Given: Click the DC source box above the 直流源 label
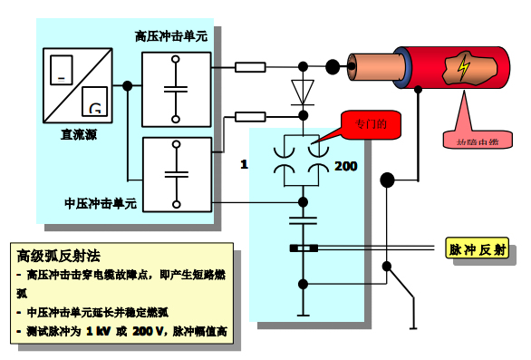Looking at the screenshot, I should click(x=79, y=85).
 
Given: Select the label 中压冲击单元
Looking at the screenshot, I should click(x=101, y=203).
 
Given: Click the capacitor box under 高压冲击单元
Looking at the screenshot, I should click(x=177, y=89).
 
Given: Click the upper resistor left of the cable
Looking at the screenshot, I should click(x=249, y=66).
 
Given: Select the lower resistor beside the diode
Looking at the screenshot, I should click(x=249, y=115).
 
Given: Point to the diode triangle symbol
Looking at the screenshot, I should click(x=302, y=91).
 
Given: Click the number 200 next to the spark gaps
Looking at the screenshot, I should click(x=346, y=165).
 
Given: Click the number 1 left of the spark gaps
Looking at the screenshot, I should click(x=244, y=164).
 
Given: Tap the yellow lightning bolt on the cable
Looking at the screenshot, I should click(x=464, y=67).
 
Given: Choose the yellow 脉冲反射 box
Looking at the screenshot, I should click(x=478, y=249).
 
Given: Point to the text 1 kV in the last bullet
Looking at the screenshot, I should click(x=101, y=331).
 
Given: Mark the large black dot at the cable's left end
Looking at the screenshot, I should click(x=333, y=66).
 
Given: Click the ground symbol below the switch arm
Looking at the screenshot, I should click(x=413, y=324).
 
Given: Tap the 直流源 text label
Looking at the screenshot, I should click(x=79, y=133).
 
